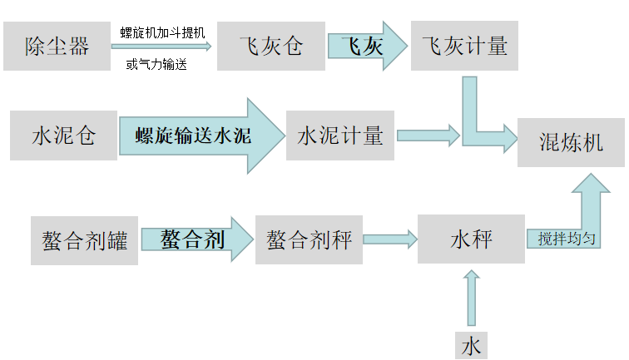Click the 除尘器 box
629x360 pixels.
coord(57,47)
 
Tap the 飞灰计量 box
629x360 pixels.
coord(464,47)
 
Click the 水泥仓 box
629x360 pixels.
coord(63,135)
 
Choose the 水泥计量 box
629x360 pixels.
coord(340,135)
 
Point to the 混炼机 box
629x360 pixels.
coord(571,141)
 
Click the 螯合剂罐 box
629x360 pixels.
coord(84,241)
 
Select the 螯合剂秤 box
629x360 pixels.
coord(309,241)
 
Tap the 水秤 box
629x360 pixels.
coord(471,239)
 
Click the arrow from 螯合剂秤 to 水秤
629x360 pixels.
coord(389,240)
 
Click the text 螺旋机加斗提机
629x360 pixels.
coord(162,32)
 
